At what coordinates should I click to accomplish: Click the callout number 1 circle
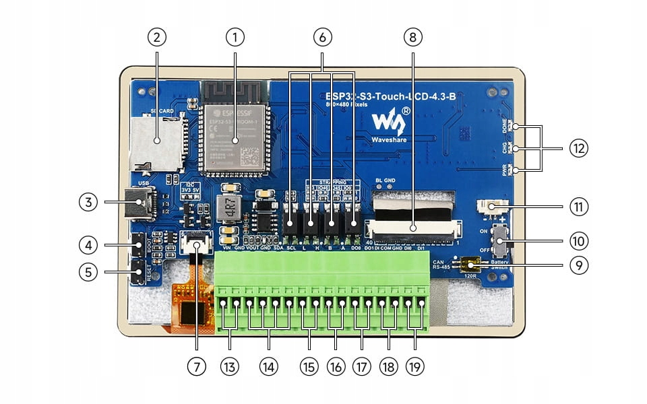pos(235,38)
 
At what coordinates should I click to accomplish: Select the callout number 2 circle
pos(156,38)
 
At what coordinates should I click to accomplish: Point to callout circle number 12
pos(578,148)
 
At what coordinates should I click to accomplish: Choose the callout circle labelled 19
pos(415,366)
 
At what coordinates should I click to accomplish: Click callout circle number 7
pos(196,366)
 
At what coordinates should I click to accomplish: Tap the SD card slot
pos(159,141)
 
